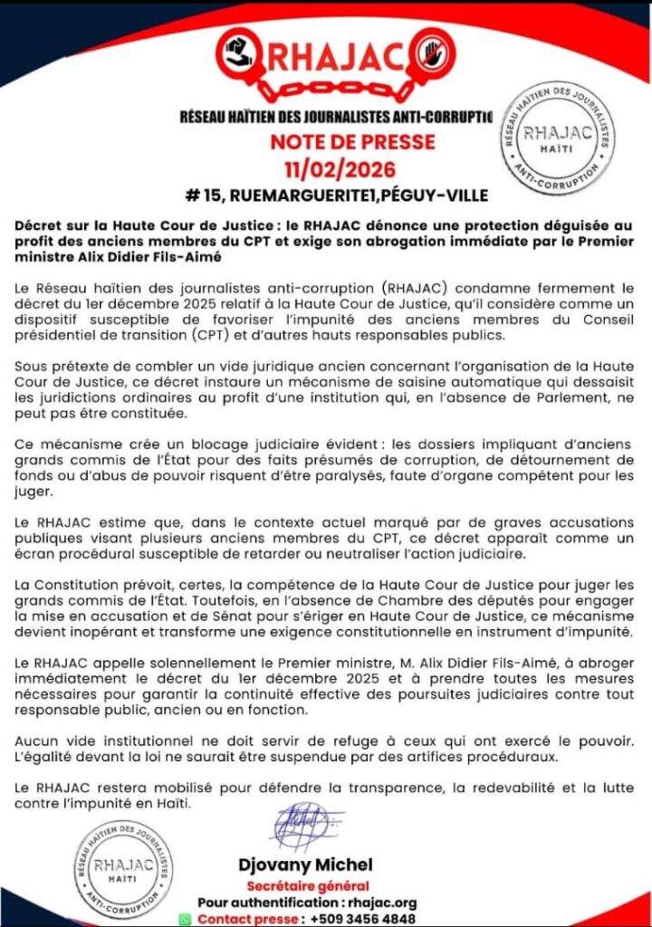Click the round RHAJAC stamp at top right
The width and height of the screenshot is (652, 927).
pyautogui.click(x=569, y=139)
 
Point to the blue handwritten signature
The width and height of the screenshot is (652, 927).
pyautogui.click(x=304, y=827)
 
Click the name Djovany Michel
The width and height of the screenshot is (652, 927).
pyautogui.click(x=305, y=865)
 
